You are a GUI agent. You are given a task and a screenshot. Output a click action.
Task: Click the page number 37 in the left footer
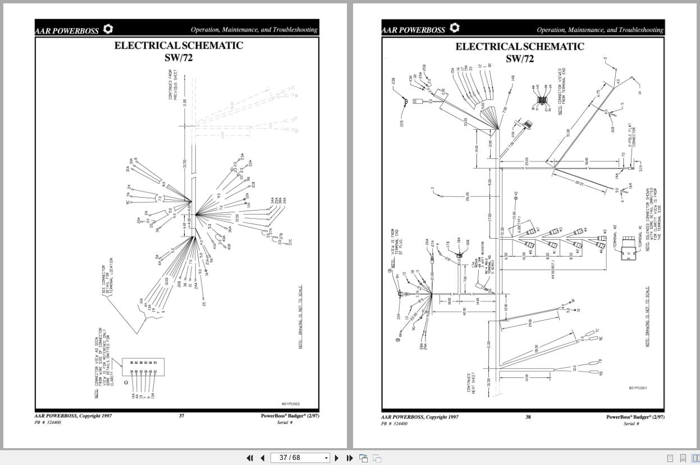[181, 416]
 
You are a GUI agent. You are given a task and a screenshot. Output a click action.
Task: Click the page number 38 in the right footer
[528, 417]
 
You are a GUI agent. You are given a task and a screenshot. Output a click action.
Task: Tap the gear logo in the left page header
[108, 29]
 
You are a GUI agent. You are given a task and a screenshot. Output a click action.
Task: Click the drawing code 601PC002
[290, 404]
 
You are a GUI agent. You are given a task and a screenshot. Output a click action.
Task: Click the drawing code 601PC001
[638, 388]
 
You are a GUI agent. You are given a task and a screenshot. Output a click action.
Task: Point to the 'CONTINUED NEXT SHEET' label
[472, 384]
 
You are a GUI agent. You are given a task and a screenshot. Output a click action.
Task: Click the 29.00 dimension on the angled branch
[530, 323]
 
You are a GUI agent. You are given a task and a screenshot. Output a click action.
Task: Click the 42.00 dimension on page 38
[464, 310]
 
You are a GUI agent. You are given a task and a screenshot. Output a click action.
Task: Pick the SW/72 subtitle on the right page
[520, 58]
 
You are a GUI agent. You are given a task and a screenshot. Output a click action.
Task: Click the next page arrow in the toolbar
[337, 458]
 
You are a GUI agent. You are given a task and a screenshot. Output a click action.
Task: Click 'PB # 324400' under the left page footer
[48, 423]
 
